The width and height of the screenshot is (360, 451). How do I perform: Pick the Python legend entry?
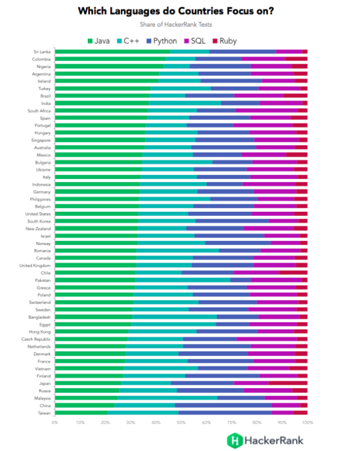161,41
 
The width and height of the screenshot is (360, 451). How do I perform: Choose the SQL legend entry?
194,41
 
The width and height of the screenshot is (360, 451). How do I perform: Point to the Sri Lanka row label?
42,52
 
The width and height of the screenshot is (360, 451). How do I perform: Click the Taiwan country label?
43,412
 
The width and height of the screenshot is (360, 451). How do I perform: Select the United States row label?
38,214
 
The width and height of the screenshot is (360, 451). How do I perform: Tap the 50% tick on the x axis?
181,422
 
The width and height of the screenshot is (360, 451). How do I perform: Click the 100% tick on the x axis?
307,422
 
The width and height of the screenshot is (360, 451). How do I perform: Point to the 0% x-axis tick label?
55,422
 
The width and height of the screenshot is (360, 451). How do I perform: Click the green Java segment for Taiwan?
81,412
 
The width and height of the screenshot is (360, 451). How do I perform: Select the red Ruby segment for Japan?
288,383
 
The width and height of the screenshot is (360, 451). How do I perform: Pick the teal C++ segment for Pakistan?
183,280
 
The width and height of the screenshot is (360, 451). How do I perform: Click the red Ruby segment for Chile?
293,273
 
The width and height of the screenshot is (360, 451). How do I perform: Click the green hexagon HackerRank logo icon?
234,439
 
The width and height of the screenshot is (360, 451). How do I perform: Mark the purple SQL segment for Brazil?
259,96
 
